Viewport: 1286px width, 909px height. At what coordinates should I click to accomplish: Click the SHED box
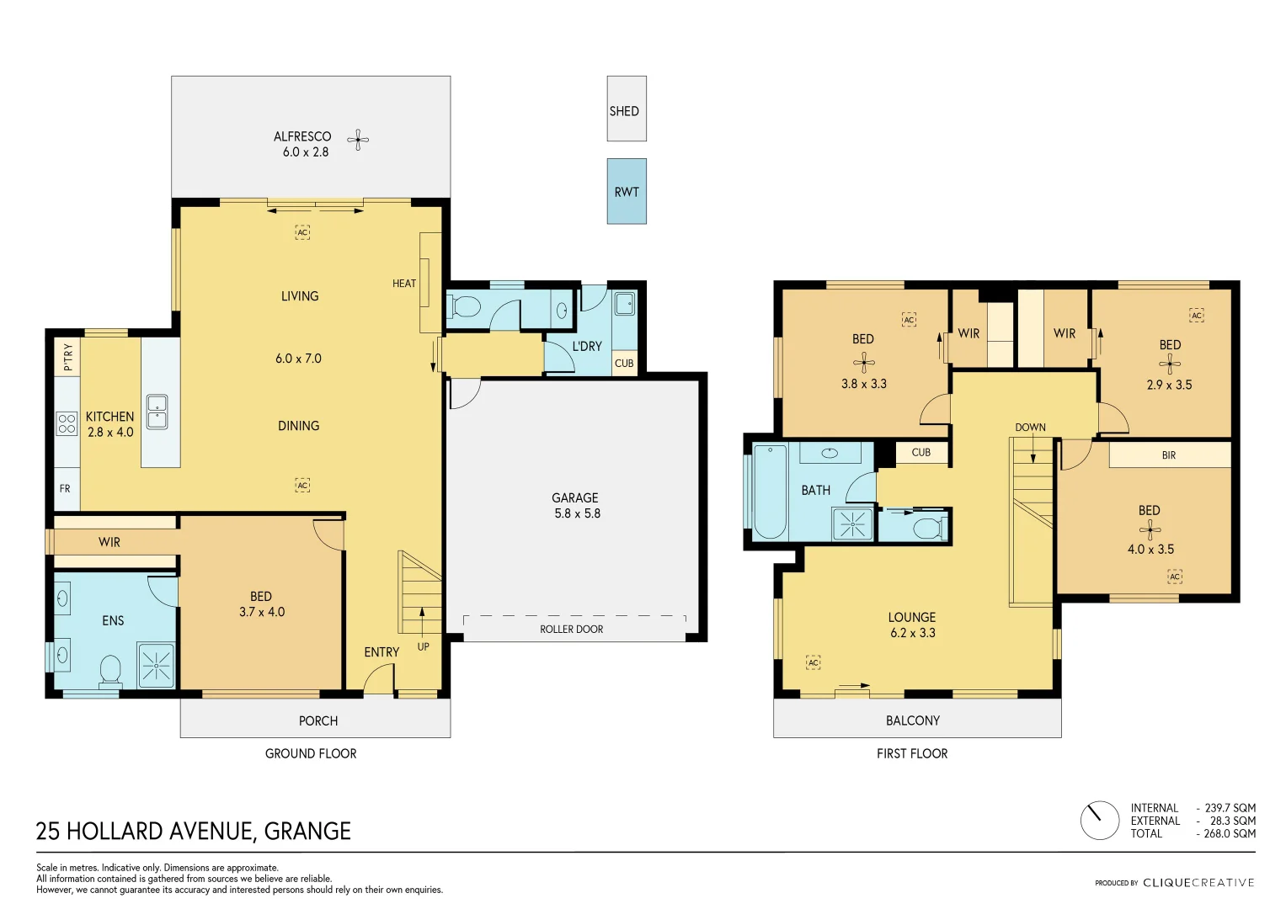pos(626,109)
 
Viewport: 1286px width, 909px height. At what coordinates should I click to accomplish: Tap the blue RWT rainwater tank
pos(626,191)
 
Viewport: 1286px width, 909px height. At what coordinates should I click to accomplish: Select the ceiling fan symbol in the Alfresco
pos(358,140)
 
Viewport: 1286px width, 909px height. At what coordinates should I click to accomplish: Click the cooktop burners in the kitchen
pos(67,423)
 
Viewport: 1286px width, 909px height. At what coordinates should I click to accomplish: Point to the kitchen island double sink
pos(157,412)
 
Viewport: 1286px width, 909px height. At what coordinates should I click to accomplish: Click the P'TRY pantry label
pos(67,357)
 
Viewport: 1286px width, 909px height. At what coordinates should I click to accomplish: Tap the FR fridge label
pos(65,488)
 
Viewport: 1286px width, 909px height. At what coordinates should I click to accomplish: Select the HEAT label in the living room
pos(403,284)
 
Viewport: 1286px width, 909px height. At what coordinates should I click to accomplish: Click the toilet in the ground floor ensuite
pos(110,672)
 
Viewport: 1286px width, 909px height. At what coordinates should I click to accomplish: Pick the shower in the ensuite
pos(157,666)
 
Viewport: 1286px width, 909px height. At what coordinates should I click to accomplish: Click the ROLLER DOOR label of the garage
pos(571,629)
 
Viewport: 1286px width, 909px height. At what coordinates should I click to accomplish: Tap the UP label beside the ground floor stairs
pos(423,646)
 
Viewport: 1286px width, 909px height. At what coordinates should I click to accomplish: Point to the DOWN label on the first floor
pos(1030,428)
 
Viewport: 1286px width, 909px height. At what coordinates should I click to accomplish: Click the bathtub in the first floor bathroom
pos(770,492)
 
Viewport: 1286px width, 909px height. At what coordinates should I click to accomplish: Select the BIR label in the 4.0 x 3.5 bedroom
pos(1168,455)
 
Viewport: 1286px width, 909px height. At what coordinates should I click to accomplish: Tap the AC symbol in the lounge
pos(813,663)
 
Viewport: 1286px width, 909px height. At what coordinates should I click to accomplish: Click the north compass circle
pos(1099,820)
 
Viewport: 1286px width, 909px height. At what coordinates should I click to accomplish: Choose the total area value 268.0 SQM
pos(1230,833)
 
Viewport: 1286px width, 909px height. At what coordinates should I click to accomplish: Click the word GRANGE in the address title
pos(307,832)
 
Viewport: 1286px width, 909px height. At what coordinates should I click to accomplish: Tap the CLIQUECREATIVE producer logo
pos(1198,883)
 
